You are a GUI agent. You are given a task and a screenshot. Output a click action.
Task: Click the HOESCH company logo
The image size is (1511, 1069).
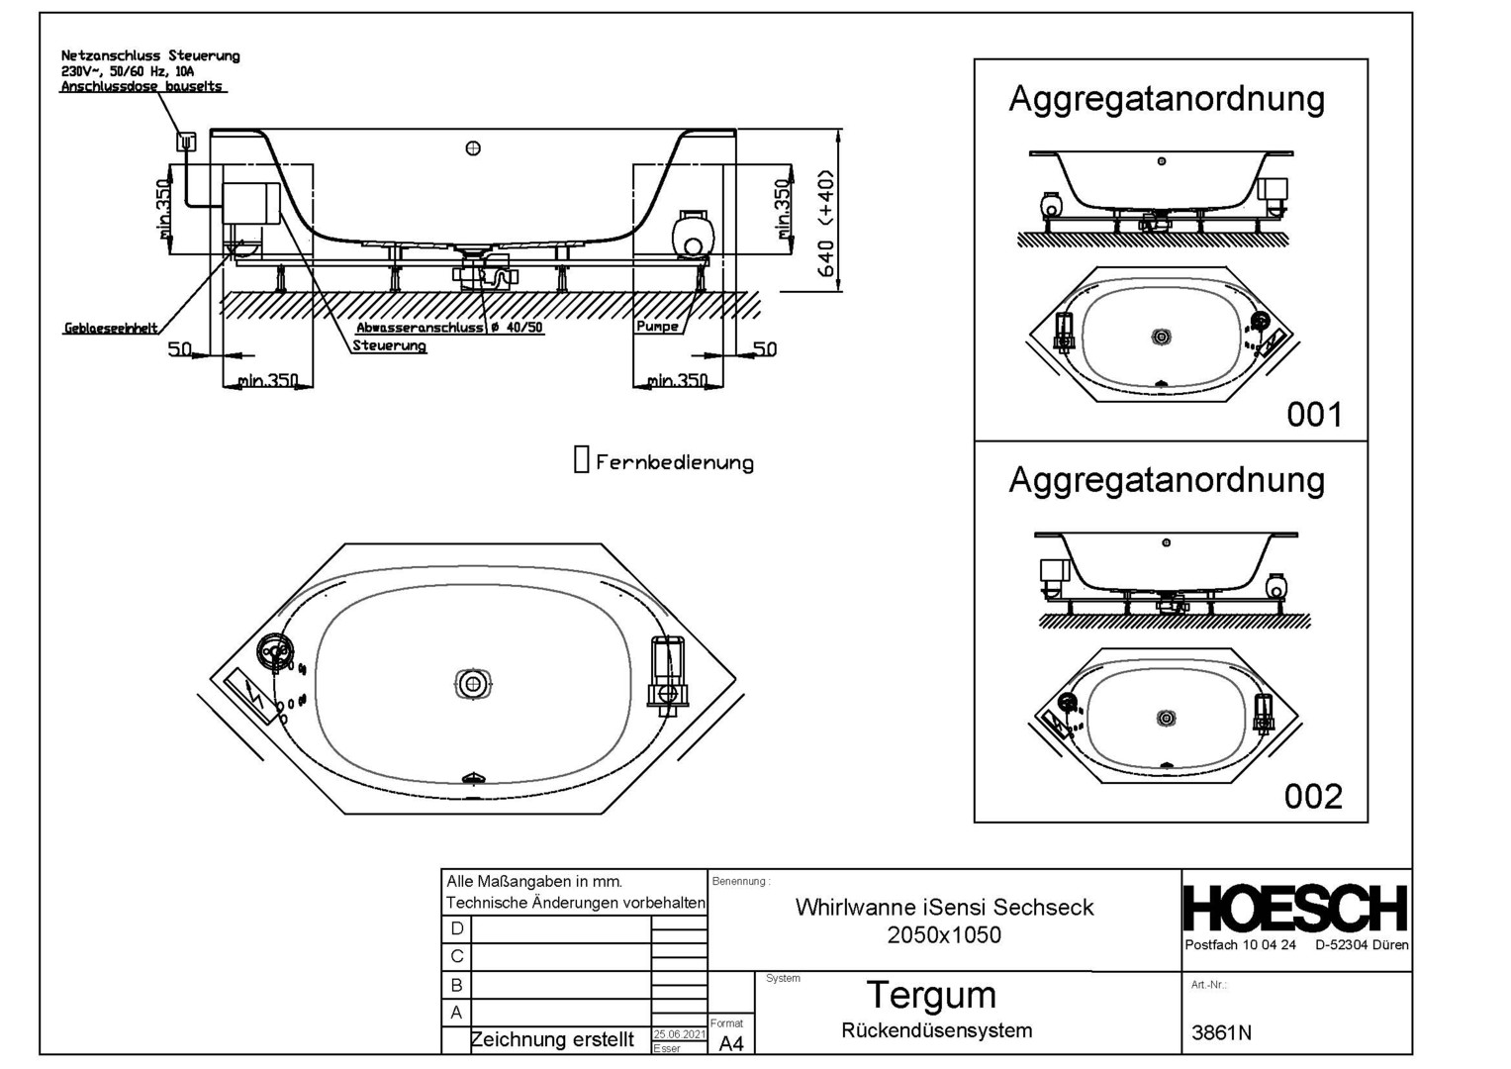(1295, 909)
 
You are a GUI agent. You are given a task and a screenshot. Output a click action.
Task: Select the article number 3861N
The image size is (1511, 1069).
(1221, 1032)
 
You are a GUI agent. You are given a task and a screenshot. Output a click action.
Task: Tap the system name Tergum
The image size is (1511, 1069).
(930, 994)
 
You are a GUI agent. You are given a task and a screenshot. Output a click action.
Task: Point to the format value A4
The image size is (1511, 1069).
(730, 1043)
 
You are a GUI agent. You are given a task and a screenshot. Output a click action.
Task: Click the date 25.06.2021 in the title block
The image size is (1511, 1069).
(679, 1034)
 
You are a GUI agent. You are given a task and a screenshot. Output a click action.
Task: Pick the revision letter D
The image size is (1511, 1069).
(456, 928)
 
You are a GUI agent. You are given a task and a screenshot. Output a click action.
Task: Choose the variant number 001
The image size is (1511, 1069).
(1314, 414)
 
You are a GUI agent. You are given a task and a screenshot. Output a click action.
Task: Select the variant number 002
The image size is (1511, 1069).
(1313, 796)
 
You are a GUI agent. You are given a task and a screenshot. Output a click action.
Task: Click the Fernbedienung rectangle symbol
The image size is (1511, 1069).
(582, 459)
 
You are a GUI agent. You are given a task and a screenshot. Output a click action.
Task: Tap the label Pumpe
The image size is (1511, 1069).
(657, 326)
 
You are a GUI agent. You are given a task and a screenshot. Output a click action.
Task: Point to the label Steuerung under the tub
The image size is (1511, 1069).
(390, 345)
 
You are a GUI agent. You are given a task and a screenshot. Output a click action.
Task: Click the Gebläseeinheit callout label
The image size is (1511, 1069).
(111, 329)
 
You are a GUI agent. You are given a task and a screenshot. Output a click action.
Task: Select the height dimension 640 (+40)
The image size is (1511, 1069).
(826, 224)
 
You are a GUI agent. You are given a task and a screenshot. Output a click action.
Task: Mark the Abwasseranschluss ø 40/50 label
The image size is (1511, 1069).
(449, 327)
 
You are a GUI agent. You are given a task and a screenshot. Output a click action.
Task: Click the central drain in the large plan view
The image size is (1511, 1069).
(473, 684)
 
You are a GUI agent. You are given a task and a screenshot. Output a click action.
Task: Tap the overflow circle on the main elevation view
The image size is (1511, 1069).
(473, 148)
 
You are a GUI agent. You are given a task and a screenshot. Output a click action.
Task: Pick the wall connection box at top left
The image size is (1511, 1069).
(185, 142)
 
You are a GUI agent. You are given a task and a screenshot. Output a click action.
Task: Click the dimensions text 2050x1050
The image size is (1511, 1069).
(944, 934)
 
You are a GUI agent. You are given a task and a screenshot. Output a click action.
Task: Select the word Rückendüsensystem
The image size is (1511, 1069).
(936, 1030)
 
